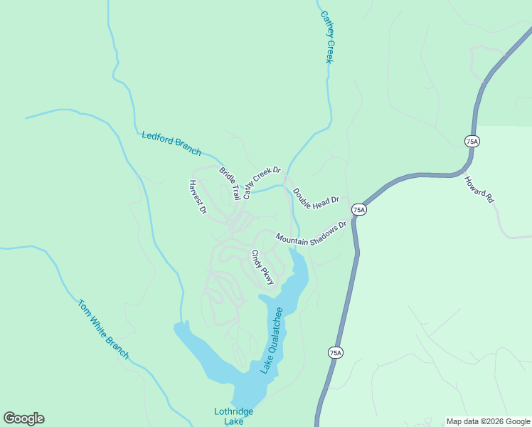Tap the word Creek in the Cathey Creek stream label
[x=329, y=51]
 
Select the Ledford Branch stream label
[x=171, y=143]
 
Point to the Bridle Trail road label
[x=230, y=183]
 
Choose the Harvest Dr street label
[x=197, y=197]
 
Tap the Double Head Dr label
[x=316, y=199]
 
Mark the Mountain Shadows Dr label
[x=311, y=233]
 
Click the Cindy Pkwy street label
[x=262, y=268]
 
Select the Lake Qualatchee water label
[x=271, y=340]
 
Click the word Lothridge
[x=234, y=411]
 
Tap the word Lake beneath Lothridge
[x=234, y=421]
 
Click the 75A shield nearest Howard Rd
[x=472, y=142]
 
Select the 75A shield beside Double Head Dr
[x=359, y=209]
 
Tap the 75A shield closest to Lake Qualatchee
[x=336, y=352]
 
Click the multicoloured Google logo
[x=23, y=418]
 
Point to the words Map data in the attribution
[x=462, y=421]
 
